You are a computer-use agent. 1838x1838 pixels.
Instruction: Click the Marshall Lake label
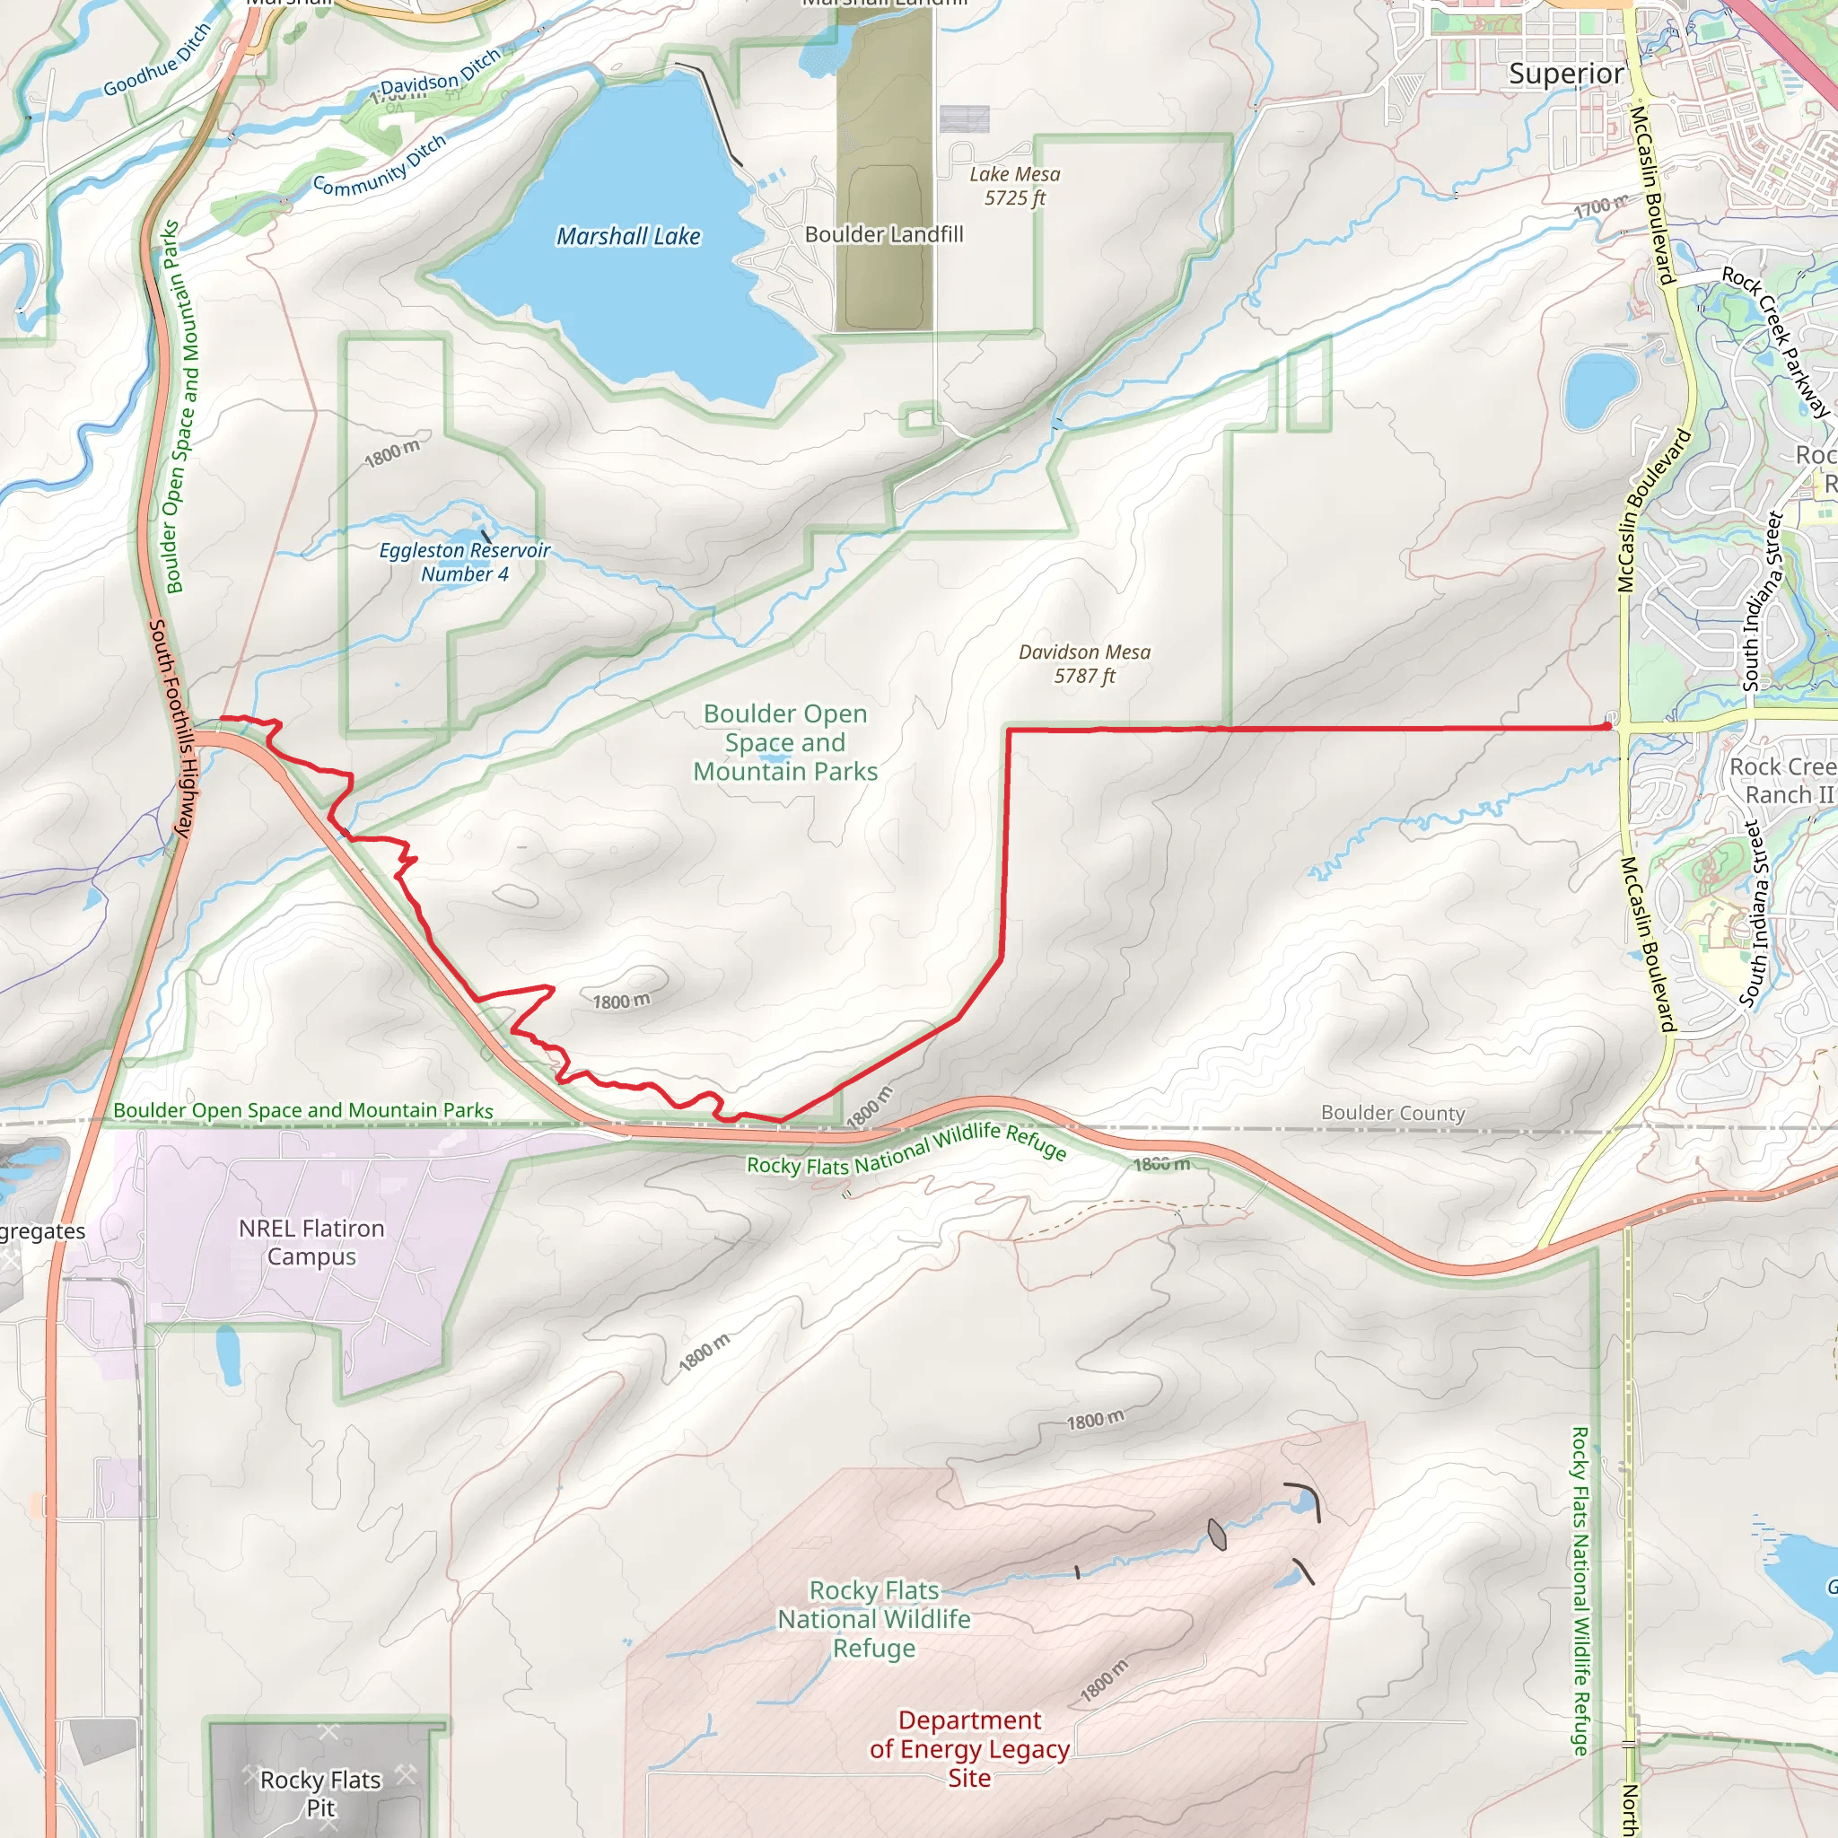click(x=628, y=236)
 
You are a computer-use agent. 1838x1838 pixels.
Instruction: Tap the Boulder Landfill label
click(x=884, y=234)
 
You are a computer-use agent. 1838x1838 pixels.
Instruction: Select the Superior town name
click(x=1566, y=74)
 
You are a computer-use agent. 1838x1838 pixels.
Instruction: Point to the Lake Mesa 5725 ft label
click(x=1014, y=187)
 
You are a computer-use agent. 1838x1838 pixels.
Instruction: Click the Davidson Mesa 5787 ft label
click(x=1083, y=664)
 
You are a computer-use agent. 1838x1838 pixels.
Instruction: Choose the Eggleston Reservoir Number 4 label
click(x=464, y=562)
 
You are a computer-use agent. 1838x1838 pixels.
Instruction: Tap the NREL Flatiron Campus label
click(x=311, y=1242)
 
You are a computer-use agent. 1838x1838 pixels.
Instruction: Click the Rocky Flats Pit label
click(x=320, y=1793)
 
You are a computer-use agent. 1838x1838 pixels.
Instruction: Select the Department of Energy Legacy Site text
click(x=968, y=1748)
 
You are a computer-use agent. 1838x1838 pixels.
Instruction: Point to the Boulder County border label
click(x=1392, y=1113)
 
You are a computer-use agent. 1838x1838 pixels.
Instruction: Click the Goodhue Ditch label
click(x=157, y=61)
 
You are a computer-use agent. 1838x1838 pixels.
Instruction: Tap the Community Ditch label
click(x=380, y=167)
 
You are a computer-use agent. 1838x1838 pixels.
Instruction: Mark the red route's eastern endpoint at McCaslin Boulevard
click(x=1607, y=726)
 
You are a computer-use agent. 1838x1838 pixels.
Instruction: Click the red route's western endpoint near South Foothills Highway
click(x=222, y=718)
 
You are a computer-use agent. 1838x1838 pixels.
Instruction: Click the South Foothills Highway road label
click(x=172, y=729)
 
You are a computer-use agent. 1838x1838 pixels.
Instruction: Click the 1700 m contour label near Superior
click(x=1600, y=206)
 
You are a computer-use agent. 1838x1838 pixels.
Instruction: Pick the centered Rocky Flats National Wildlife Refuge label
click(x=873, y=1619)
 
